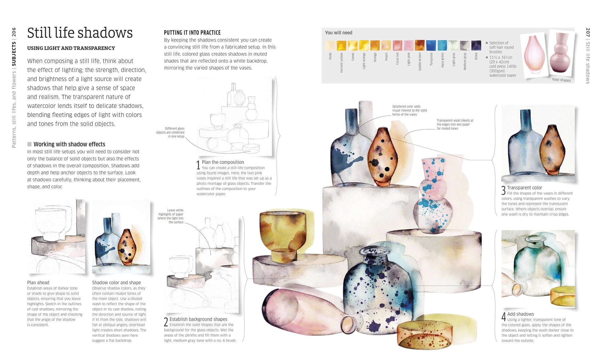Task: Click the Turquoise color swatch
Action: (431, 45)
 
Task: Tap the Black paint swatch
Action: (476, 45)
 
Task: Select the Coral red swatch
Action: (397, 45)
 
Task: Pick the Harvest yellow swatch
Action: (341, 45)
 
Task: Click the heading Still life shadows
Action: (80, 33)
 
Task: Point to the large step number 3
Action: (504, 191)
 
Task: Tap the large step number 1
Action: (198, 165)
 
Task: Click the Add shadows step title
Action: (520, 314)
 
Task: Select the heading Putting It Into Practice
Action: (192, 32)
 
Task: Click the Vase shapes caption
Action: (561, 80)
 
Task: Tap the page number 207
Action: (588, 33)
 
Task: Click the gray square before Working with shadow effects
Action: (29, 144)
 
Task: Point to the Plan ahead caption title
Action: (38, 282)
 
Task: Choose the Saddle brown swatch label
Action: (420, 62)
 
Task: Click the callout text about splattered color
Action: (409, 110)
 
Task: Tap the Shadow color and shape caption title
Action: (116, 282)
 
